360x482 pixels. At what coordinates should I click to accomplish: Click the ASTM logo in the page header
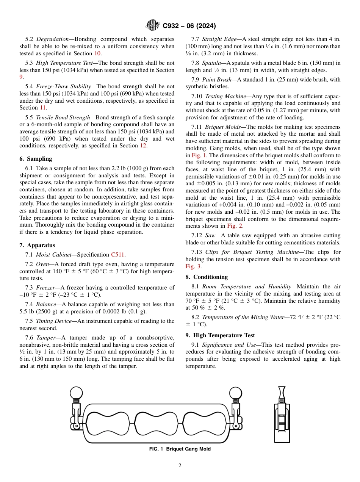[x=153, y=26]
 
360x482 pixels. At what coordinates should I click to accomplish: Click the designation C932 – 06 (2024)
[x=189, y=26]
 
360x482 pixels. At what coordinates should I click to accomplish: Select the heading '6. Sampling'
[x=36, y=159]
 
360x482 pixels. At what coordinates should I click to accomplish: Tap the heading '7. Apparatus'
[x=37, y=245]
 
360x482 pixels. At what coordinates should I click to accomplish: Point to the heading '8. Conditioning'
[x=207, y=277]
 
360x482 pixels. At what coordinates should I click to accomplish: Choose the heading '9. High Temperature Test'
[x=220, y=335]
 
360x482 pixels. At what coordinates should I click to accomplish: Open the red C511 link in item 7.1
[x=117, y=255]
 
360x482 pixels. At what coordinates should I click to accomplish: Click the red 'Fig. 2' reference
[x=235, y=226]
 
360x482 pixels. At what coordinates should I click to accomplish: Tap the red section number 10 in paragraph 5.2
[x=97, y=53]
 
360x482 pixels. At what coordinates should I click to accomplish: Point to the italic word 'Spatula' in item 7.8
[x=211, y=63]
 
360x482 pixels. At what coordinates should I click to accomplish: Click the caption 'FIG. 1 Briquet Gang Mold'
[x=180, y=449]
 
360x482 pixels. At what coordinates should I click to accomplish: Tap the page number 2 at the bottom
[x=180, y=466]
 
